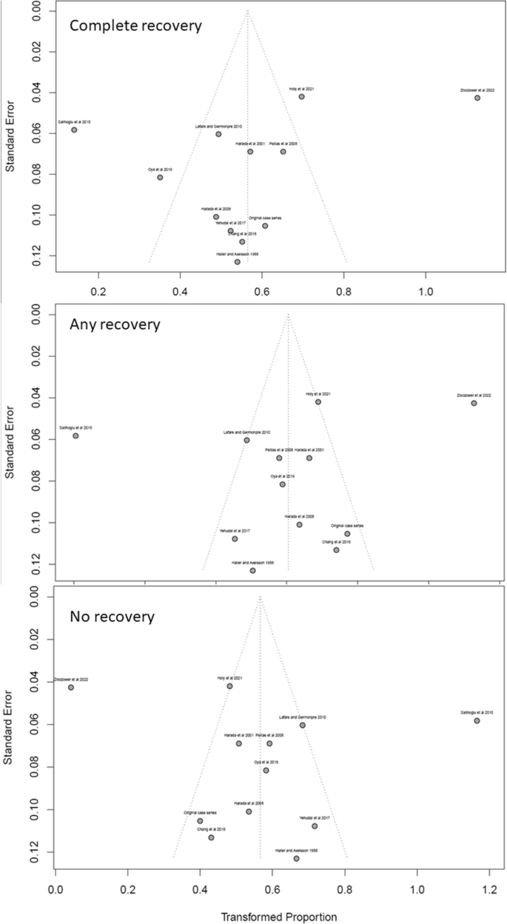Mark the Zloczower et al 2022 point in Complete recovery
tap(477, 98)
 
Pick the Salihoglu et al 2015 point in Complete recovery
tap(74, 130)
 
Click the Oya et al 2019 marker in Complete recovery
tap(160, 178)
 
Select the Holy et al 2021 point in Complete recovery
tap(302, 97)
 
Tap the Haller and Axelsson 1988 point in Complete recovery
tap(237, 262)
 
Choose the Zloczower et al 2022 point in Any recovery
tap(474, 404)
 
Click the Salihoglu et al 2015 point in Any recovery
tap(75, 436)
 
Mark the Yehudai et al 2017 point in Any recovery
tap(235, 539)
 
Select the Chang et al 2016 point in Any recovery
tap(336, 550)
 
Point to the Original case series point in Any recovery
tap(347, 534)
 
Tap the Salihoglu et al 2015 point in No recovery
tap(477, 720)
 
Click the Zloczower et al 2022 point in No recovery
tap(71, 687)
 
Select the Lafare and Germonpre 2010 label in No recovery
tap(303, 717)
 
